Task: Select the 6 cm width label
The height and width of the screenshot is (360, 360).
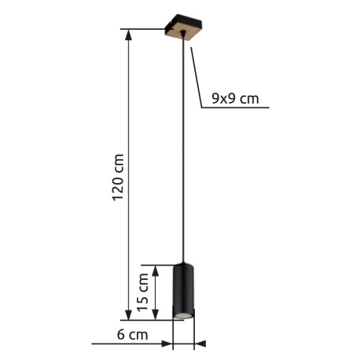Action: pos(133,336)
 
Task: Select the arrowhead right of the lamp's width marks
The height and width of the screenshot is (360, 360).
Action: pos(200,343)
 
